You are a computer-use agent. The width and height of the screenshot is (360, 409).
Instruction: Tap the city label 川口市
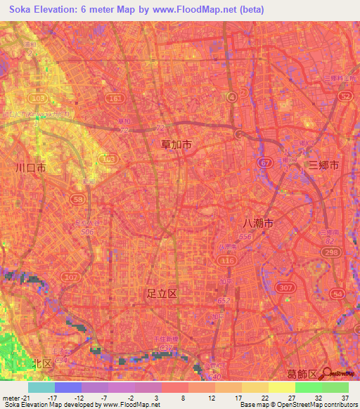(x=31, y=169)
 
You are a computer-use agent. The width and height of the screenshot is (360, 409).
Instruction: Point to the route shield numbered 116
(x=227, y=260)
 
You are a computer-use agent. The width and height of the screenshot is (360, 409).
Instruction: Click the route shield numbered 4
(x=232, y=97)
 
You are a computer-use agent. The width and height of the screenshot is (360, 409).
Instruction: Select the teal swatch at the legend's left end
(x=41, y=387)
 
